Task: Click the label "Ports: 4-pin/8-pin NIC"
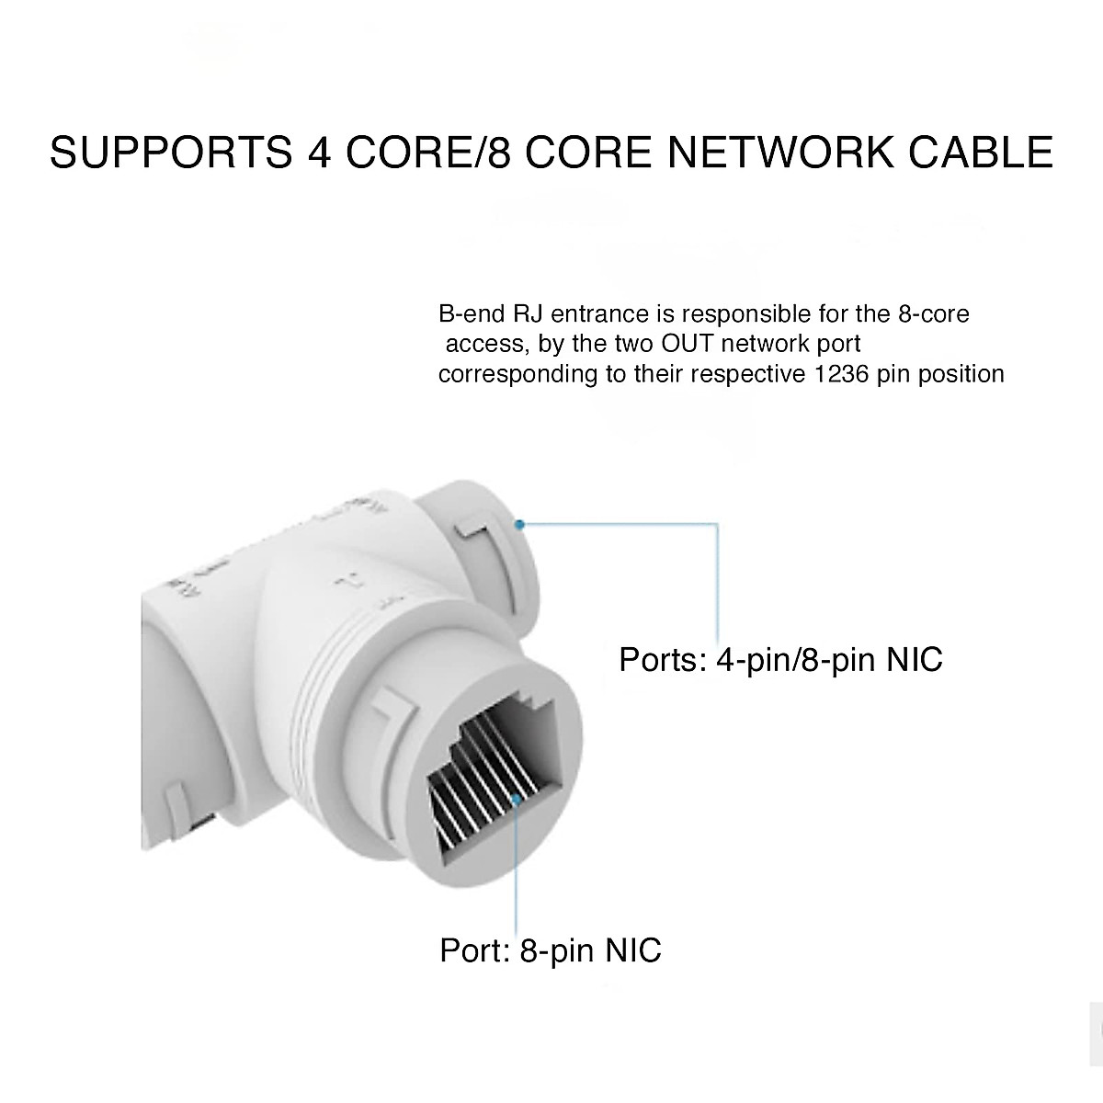click(x=780, y=659)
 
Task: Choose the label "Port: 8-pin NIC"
click(x=551, y=949)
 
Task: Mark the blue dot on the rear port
click(x=520, y=525)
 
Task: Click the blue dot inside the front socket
click(x=519, y=801)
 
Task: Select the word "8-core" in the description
click(x=932, y=314)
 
